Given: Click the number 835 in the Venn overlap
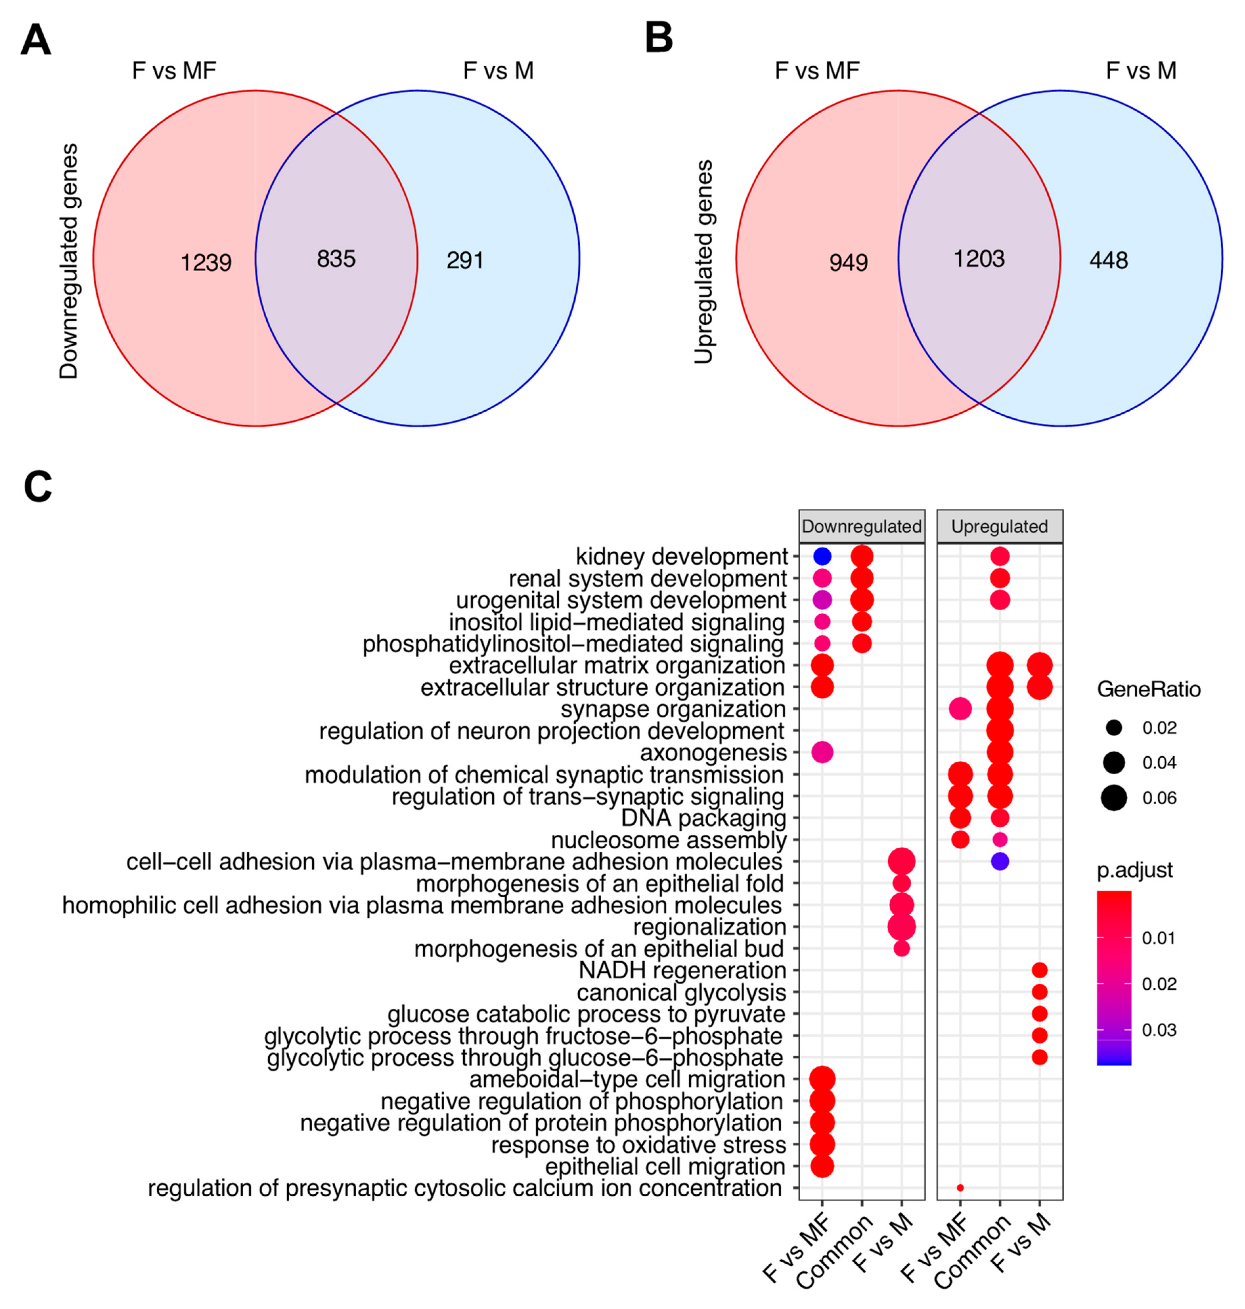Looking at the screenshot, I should (336, 259).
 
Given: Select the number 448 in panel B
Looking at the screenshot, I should (1108, 260).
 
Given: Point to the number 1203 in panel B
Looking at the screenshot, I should (979, 259).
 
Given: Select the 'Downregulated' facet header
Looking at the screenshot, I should (861, 527).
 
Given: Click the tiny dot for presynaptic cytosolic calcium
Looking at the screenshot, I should (960, 1188).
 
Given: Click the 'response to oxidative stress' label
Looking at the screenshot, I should (639, 1145).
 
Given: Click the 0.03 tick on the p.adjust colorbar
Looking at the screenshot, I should (1159, 1030).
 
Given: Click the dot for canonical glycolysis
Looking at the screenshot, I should (1039, 992).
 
